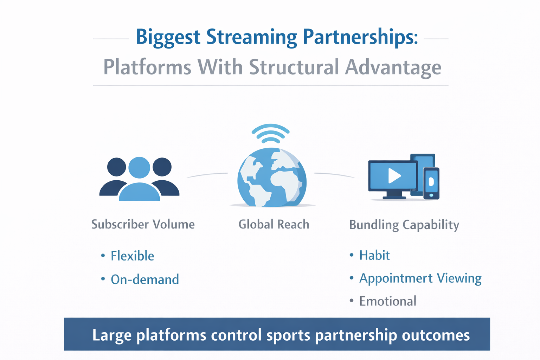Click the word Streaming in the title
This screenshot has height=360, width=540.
coord(251,37)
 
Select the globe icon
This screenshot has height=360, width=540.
coord(271,178)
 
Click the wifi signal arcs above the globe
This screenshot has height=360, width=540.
coord(270,133)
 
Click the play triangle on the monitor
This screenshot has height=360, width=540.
coord(394,175)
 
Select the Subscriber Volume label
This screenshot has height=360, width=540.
coord(143,224)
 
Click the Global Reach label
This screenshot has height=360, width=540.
coord(274,224)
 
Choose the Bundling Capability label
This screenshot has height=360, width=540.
coord(404,225)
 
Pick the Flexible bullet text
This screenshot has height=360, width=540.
coord(132,256)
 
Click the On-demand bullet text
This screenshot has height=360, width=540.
coord(145,279)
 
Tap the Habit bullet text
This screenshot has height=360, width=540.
coord(374,255)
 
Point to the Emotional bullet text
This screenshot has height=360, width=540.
coord(388,301)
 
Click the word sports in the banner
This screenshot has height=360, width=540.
coord(288,335)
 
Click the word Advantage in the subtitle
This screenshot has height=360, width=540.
coord(393,67)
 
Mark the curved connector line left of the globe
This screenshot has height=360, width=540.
coord(207,174)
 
